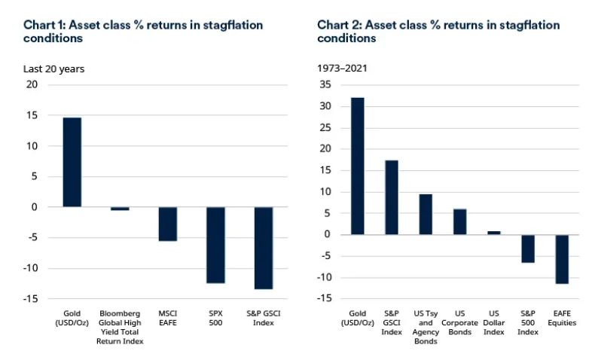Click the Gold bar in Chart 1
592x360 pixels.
pyautogui.click(x=72, y=162)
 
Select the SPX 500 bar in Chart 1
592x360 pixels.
pyautogui.click(x=215, y=245)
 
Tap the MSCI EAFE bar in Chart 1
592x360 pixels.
pyautogui.click(x=167, y=224)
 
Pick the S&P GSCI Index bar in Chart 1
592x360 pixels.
pyautogui.click(x=263, y=248)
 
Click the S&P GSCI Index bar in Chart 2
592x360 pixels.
pyautogui.click(x=392, y=197)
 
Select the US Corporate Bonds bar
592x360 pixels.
pyautogui.click(x=459, y=221)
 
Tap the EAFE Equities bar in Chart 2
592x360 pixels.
pyautogui.click(x=561, y=259)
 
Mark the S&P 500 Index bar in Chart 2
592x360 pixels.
pyautogui.click(x=527, y=249)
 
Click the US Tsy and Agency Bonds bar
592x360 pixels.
pyautogui.click(x=426, y=214)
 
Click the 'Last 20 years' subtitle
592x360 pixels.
pyautogui.click(x=53, y=69)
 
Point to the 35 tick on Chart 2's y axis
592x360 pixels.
pyautogui.click(x=325, y=85)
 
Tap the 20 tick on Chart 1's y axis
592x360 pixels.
pyautogui.click(x=32, y=85)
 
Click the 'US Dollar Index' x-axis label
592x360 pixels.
pyautogui.click(x=493, y=322)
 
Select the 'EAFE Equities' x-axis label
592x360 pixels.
pyautogui.click(x=561, y=317)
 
